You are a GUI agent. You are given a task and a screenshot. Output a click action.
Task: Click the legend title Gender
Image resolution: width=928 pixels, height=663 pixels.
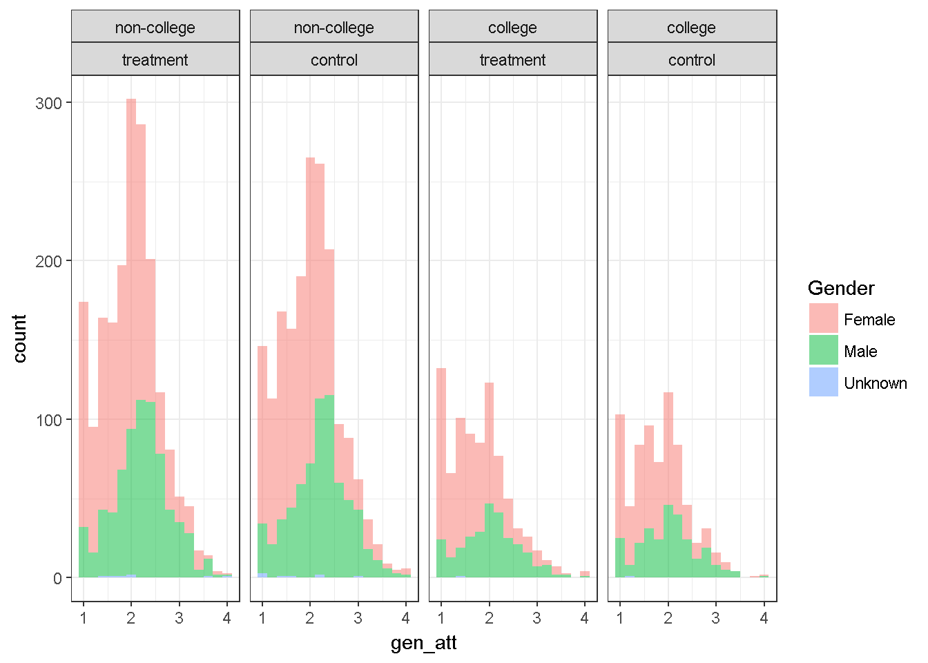[x=841, y=288]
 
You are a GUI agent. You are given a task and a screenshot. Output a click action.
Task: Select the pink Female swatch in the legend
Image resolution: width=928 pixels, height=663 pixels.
[x=823, y=318]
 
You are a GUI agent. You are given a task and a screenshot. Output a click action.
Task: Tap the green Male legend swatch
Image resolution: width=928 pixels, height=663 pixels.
[x=823, y=350]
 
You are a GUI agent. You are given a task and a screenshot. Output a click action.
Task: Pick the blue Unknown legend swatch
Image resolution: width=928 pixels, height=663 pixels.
[x=823, y=382]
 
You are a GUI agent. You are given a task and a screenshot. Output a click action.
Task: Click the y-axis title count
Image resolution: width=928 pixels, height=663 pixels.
[x=19, y=338]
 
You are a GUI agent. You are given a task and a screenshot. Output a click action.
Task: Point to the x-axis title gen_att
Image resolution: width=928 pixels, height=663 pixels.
[x=423, y=643]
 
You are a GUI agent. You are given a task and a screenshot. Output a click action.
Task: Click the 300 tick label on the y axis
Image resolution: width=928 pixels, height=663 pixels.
[x=48, y=103]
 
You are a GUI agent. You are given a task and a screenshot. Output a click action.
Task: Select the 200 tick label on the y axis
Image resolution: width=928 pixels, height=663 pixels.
[x=48, y=261]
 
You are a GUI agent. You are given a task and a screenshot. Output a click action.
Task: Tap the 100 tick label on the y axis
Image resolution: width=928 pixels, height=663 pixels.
[x=48, y=420]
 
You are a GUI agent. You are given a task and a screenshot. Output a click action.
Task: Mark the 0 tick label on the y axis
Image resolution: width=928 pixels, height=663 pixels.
[x=57, y=578]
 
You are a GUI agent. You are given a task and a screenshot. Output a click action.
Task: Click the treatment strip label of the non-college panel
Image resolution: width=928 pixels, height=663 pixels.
[x=155, y=60]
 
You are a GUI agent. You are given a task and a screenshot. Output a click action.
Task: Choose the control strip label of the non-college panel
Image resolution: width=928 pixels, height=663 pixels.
[x=333, y=60]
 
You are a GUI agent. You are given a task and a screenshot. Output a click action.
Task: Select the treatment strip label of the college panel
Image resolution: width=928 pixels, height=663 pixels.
[x=512, y=60]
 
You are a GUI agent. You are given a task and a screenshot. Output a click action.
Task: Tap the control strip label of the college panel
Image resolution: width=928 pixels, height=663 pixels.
[x=691, y=60]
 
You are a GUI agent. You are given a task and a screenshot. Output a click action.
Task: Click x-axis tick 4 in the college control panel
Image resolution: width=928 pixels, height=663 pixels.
[x=764, y=618]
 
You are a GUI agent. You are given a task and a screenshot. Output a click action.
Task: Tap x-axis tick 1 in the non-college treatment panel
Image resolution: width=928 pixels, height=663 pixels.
[x=84, y=618]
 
